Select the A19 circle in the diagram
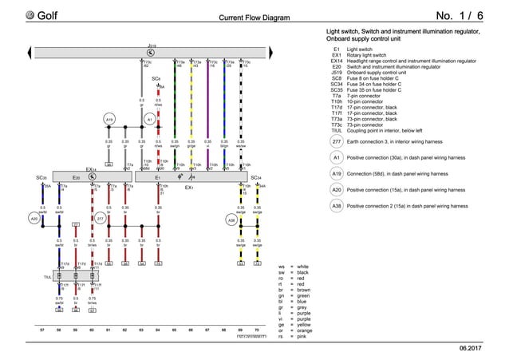click(x=111, y=119)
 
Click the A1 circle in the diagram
click(x=149, y=119)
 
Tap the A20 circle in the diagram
click(x=34, y=218)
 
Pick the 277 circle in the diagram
click(x=100, y=218)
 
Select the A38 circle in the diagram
click(x=231, y=218)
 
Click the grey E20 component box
click(x=76, y=177)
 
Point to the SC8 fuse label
click(x=156, y=79)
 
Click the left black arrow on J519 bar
click(x=38, y=53)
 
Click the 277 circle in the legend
click(x=337, y=142)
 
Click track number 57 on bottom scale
click(x=41, y=329)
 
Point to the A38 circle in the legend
click(x=337, y=206)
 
